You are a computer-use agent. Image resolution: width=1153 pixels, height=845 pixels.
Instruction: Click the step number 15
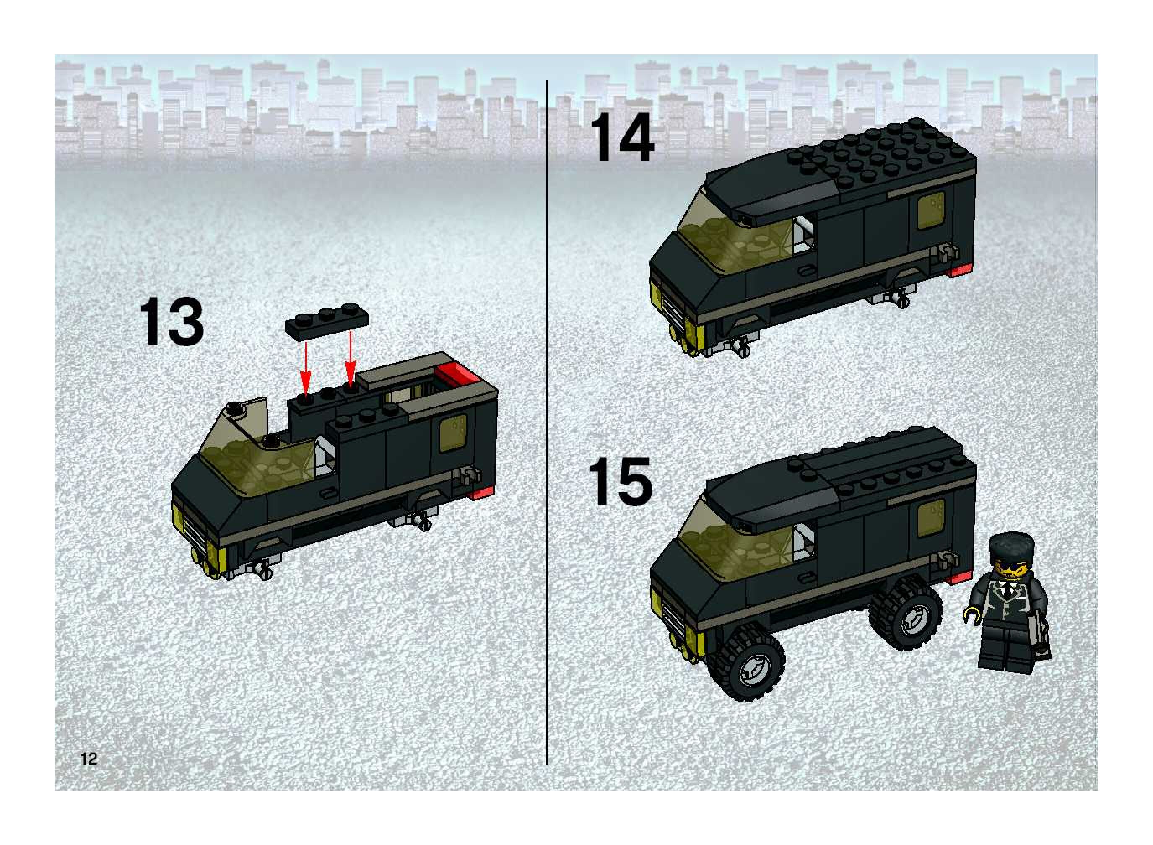pyautogui.click(x=621, y=482)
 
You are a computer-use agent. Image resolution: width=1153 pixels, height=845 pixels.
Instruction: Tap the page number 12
pyautogui.click(x=88, y=759)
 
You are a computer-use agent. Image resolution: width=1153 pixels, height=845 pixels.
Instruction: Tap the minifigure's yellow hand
pyautogui.click(x=970, y=614)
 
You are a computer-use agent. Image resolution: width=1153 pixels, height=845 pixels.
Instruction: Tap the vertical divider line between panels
pyautogui.click(x=547, y=422)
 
